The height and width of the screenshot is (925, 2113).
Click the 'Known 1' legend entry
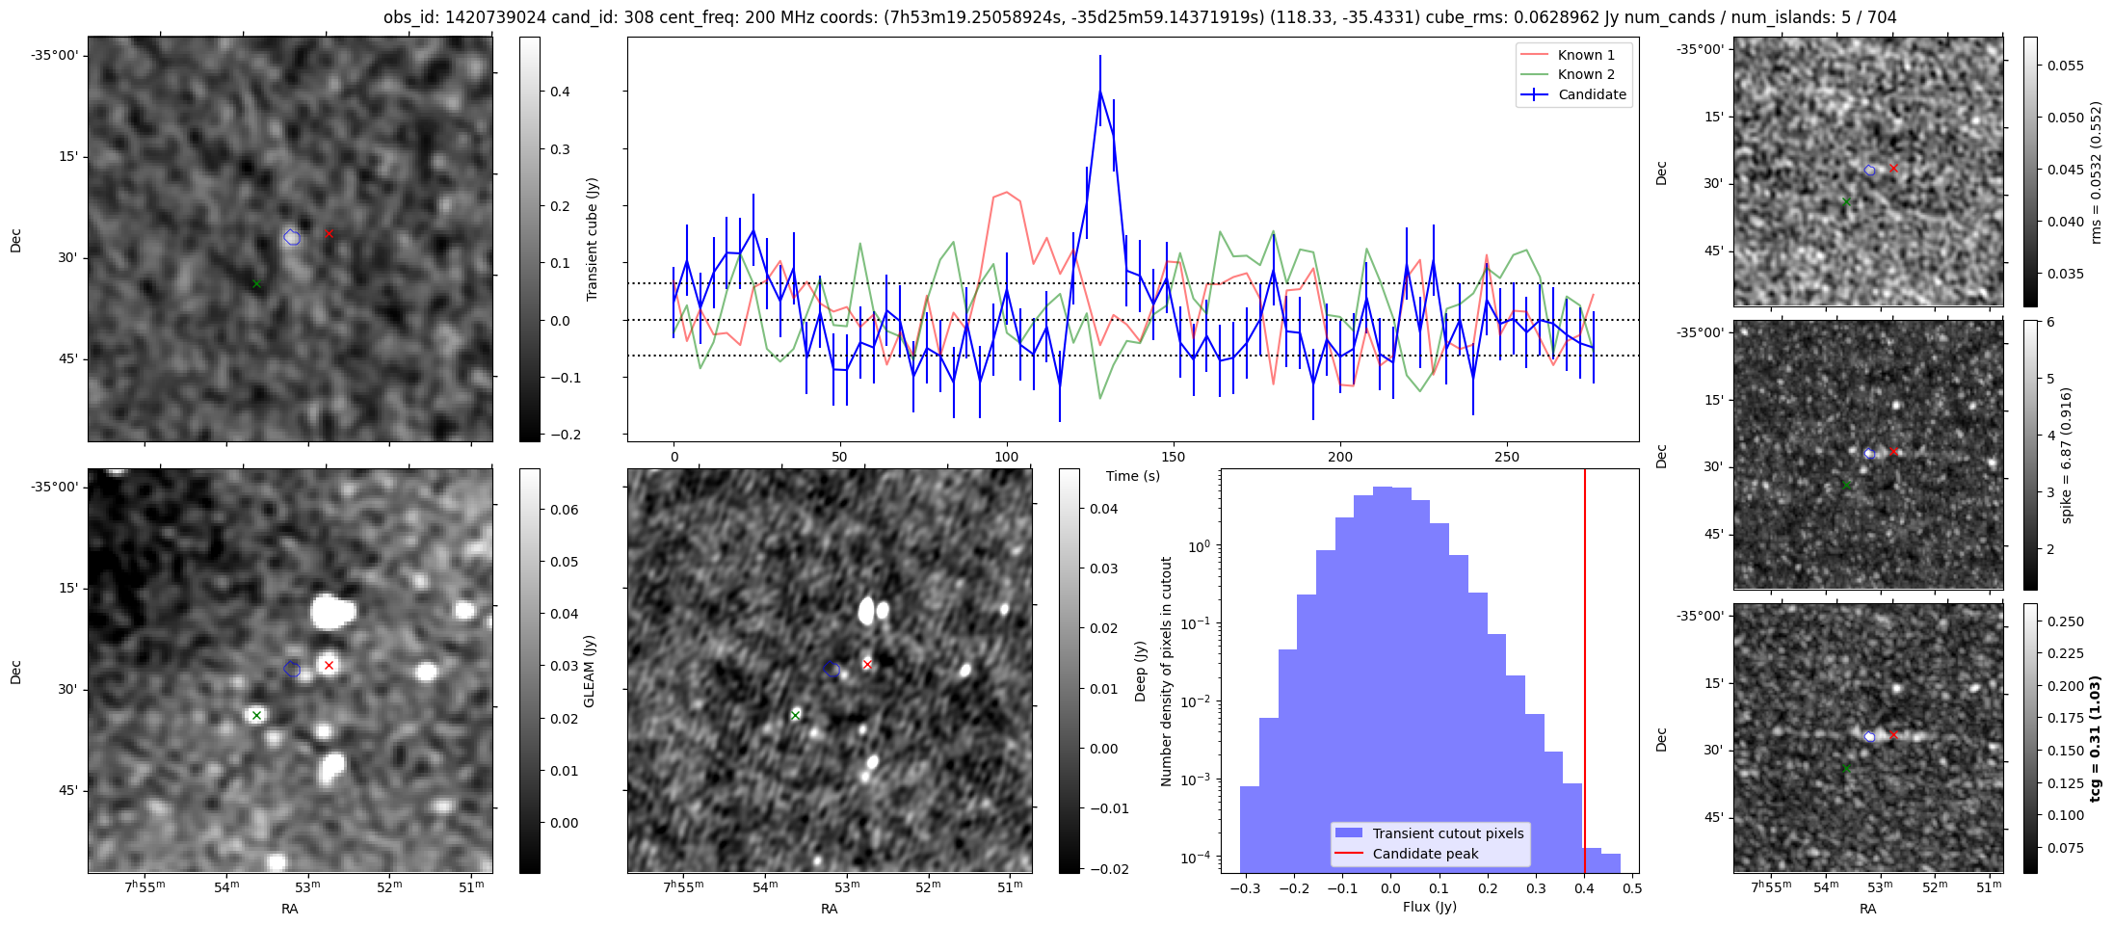tap(1585, 55)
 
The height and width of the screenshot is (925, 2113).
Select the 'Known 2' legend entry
tap(1585, 74)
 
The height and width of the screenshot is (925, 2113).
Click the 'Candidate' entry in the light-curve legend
tap(1592, 94)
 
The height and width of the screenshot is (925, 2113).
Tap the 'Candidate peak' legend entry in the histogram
tap(1425, 854)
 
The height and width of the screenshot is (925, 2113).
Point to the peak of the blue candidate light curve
tap(1099, 90)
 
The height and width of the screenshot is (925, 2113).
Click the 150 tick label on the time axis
tap(1173, 457)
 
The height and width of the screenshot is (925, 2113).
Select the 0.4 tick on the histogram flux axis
tap(1584, 888)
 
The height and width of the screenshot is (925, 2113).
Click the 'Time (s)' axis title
tap(1132, 476)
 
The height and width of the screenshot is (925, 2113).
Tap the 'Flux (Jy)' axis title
tap(1429, 907)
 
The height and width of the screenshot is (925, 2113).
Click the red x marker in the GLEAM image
tap(329, 666)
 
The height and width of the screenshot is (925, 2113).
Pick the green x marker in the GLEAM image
tap(256, 715)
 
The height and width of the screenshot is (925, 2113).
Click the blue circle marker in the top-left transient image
tap(292, 237)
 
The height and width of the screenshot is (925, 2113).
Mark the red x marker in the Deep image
tap(867, 665)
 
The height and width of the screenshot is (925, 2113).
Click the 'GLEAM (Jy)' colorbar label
tap(590, 671)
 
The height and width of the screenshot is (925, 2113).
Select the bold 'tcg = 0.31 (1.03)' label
tap(2096, 738)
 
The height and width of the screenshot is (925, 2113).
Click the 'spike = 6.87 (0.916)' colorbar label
tap(2066, 455)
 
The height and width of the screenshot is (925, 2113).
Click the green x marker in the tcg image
tap(1846, 769)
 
